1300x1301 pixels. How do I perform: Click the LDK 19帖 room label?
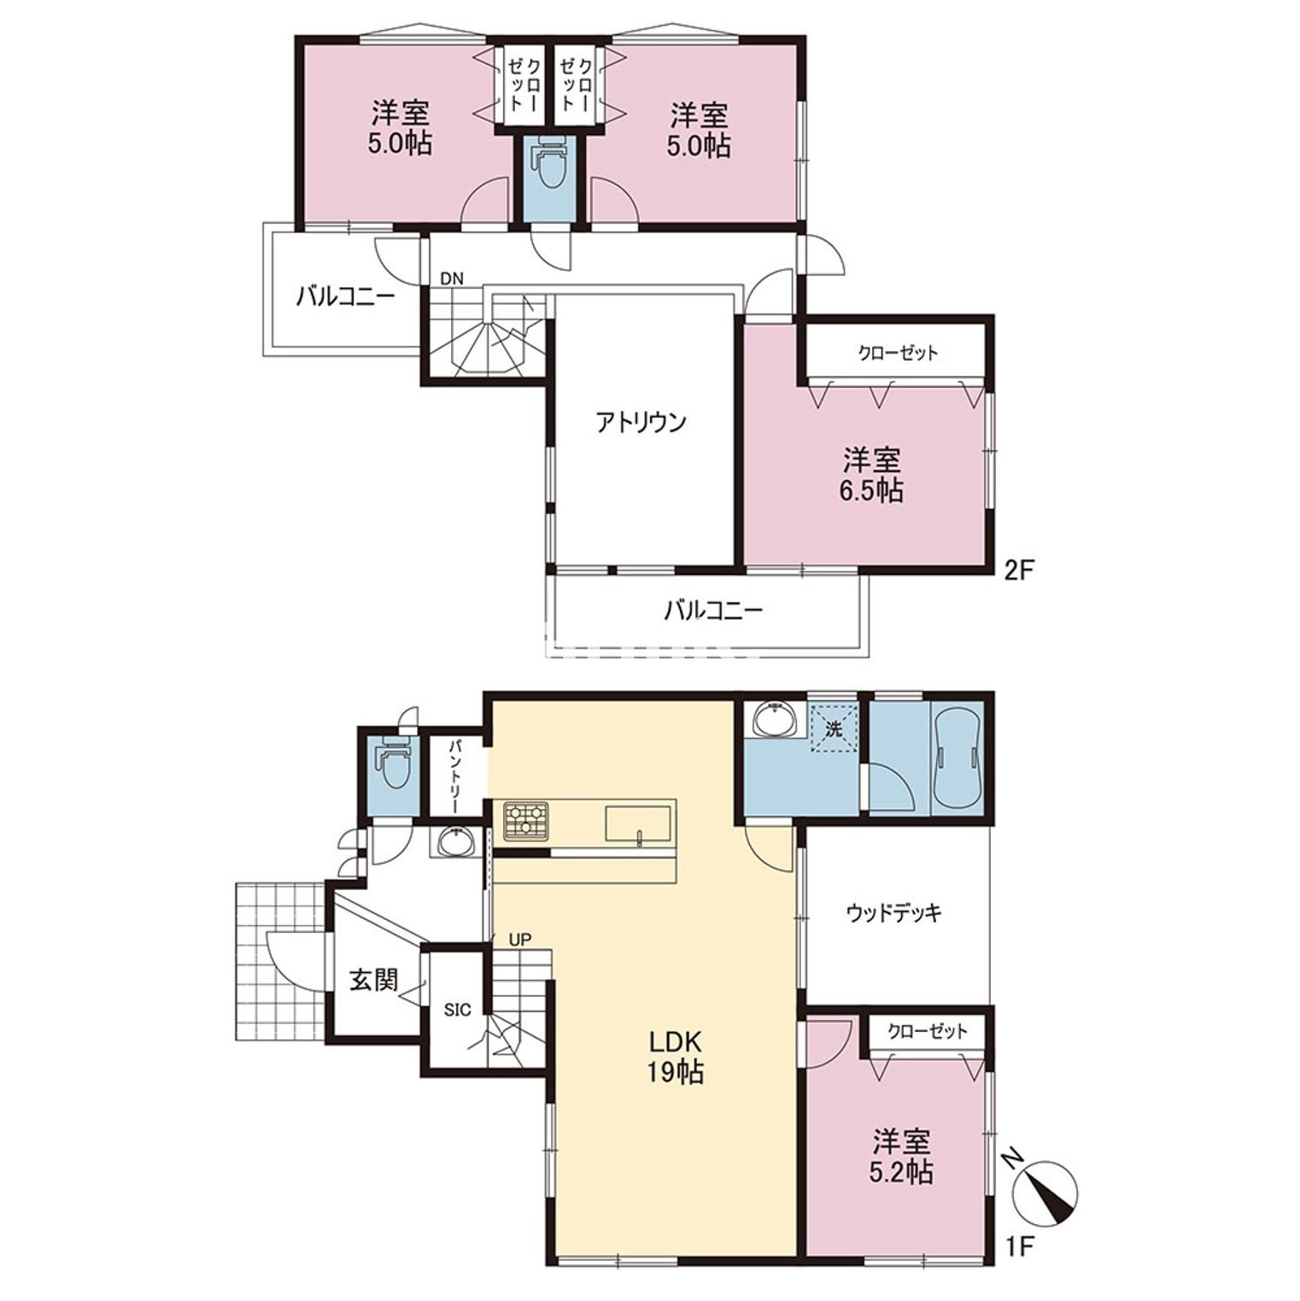(x=676, y=1057)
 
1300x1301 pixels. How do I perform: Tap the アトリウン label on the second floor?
(x=641, y=422)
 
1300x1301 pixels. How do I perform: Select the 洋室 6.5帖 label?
(x=871, y=476)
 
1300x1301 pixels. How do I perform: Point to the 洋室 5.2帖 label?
(x=901, y=1157)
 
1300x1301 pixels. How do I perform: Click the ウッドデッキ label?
(x=894, y=913)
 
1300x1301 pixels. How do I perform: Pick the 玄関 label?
(x=374, y=980)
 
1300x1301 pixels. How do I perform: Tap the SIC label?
(x=457, y=1010)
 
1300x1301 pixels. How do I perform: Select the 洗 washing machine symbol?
(x=834, y=729)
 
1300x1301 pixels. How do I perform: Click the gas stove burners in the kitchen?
(x=525, y=821)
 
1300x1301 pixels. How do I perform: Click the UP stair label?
(x=520, y=940)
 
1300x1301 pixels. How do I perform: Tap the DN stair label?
(x=452, y=278)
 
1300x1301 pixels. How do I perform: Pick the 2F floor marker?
(x=1018, y=570)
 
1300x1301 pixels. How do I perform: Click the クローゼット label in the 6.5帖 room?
(x=898, y=352)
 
